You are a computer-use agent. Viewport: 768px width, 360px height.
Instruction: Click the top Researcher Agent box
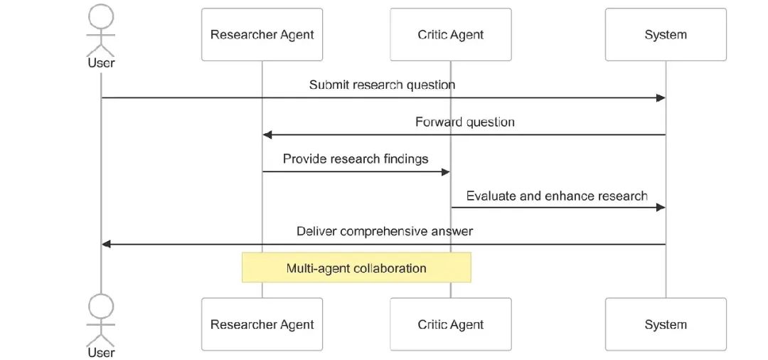point(262,34)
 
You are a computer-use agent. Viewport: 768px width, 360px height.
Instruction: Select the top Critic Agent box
point(451,34)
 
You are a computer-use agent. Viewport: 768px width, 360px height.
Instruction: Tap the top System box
point(666,34)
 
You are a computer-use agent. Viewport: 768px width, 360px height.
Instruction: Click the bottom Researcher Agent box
point(262,324)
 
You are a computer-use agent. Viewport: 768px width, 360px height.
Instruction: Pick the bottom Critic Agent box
point(451,324)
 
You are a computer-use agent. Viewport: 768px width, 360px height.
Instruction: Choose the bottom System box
point(666,324)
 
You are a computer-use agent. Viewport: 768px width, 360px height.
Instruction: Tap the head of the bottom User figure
point(101,307)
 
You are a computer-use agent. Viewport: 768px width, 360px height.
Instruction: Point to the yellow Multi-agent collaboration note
point(356,268)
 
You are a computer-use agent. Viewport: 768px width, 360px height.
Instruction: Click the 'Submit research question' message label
point(382,85)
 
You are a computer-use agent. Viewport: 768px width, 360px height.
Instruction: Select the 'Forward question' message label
point(465,122)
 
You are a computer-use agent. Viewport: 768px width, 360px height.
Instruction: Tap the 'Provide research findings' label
point(356,159)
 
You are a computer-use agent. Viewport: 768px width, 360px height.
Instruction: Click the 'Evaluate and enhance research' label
point(557,196)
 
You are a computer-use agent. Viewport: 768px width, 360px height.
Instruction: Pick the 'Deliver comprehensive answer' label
point(385,231)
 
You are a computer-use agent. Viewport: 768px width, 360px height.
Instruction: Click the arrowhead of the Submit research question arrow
point(661,98)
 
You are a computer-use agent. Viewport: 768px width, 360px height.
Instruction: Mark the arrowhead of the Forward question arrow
point(267,134)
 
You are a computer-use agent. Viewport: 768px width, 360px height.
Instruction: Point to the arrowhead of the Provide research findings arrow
point(446,172)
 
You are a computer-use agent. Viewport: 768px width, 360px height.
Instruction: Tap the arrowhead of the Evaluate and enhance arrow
point(661,208)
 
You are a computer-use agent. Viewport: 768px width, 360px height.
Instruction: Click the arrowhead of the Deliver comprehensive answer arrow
point(106,244)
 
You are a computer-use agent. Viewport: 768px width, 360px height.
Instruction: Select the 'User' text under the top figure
point(102,63)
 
